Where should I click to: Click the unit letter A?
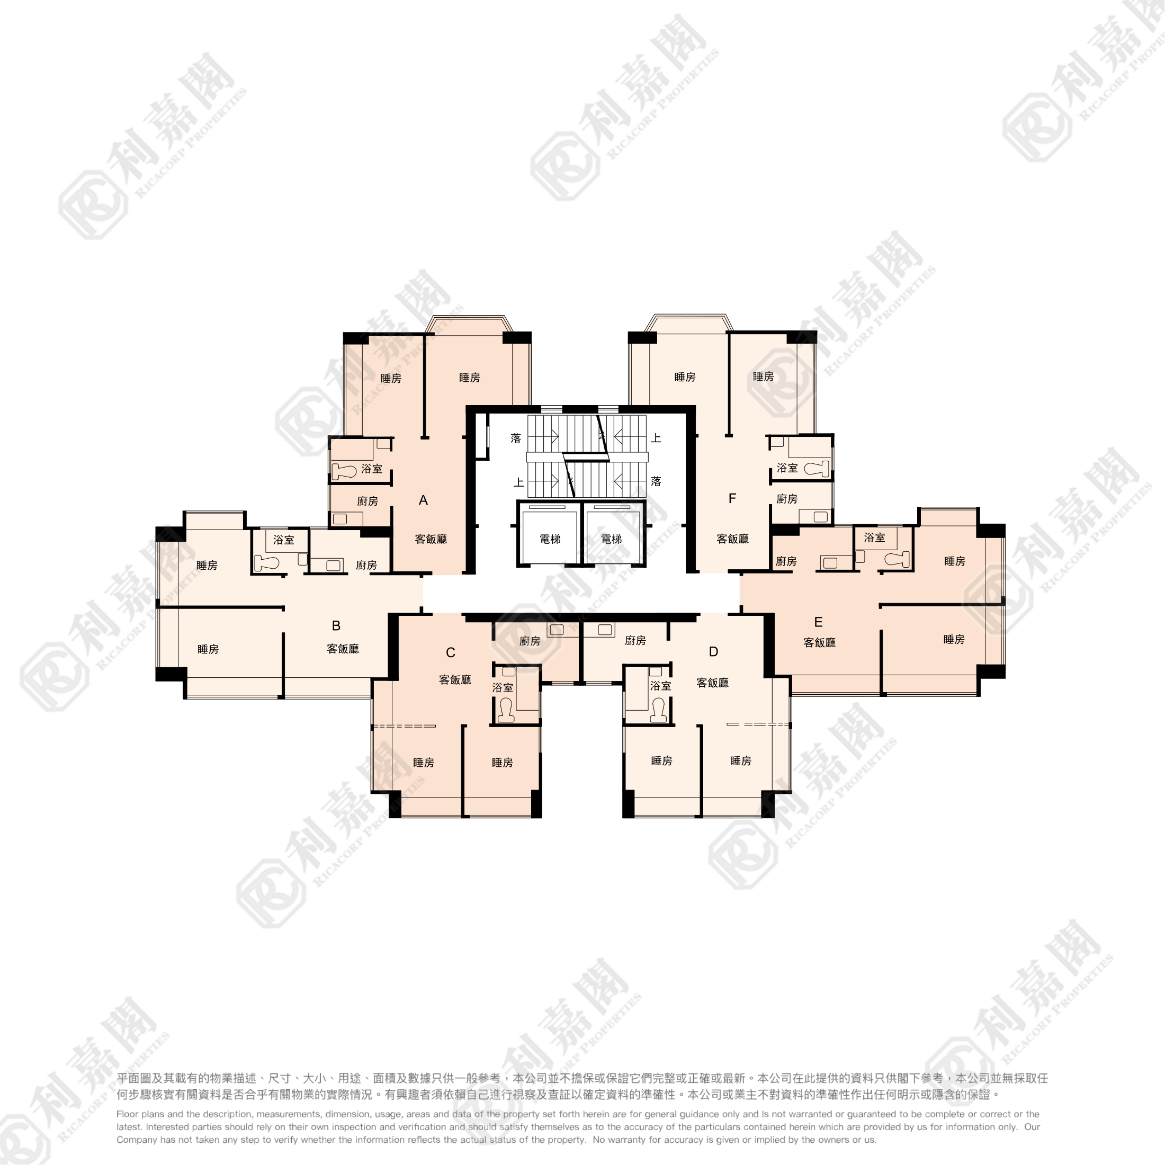(423, 500)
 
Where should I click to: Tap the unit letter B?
(336, 625)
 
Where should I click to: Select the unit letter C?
(451, 652)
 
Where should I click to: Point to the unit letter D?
(713, 651)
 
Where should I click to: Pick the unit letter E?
(818, 622)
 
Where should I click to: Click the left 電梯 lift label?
(550, 539)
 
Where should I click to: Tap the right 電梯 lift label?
(612, 539)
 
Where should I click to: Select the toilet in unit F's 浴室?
(817, 469)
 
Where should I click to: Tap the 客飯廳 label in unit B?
(343, 649)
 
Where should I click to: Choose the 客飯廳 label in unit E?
(820, 643)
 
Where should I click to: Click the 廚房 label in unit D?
(635, 640)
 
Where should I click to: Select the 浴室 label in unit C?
(503, 687)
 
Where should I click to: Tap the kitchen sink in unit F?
(820, 516)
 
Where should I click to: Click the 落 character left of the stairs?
(516, 438)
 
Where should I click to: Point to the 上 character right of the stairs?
(656, 438)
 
